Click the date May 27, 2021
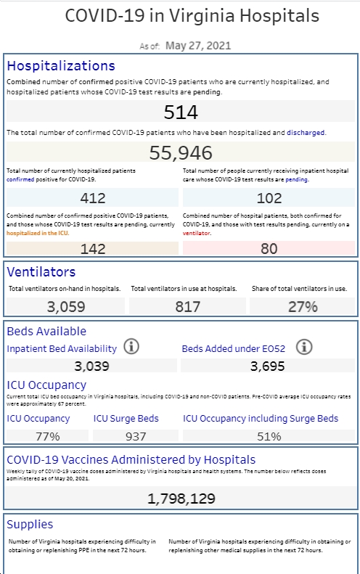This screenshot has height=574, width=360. point(198,46)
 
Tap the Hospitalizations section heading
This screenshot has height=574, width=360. point(61,66)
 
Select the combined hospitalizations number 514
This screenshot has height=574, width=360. point(181,112)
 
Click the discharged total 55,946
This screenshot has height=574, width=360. point(181,152)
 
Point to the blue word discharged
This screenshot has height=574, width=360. point(306,133)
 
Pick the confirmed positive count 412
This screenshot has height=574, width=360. point(93,198)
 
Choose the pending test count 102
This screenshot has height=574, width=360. point(269,198)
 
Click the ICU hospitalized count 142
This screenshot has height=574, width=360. point(93,249)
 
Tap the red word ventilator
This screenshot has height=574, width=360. point(196,233)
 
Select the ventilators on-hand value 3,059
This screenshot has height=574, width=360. point(66,307)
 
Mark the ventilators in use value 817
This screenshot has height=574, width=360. point(187,307)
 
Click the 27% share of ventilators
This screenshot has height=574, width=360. point(303,307)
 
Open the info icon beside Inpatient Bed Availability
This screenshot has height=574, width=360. point(131,346)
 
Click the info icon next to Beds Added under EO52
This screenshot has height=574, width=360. point(304,346)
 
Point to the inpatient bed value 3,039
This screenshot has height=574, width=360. point(91,366)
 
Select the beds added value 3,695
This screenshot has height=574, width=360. point(267,366)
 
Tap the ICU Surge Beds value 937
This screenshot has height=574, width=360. point(136,436)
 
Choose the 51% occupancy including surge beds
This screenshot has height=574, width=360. point(269,436)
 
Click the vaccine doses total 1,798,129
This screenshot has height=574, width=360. point(181,499)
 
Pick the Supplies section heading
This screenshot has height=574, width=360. point(30,525)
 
